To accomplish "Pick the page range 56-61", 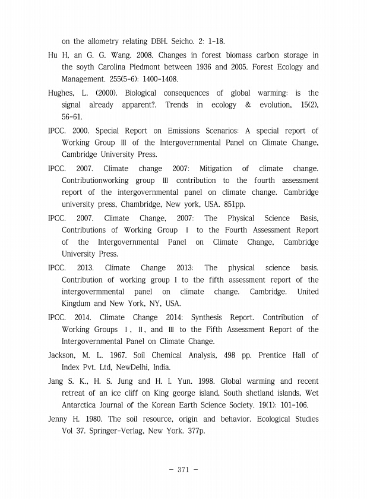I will (74, 118).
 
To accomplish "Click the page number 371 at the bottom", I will (183, 470).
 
